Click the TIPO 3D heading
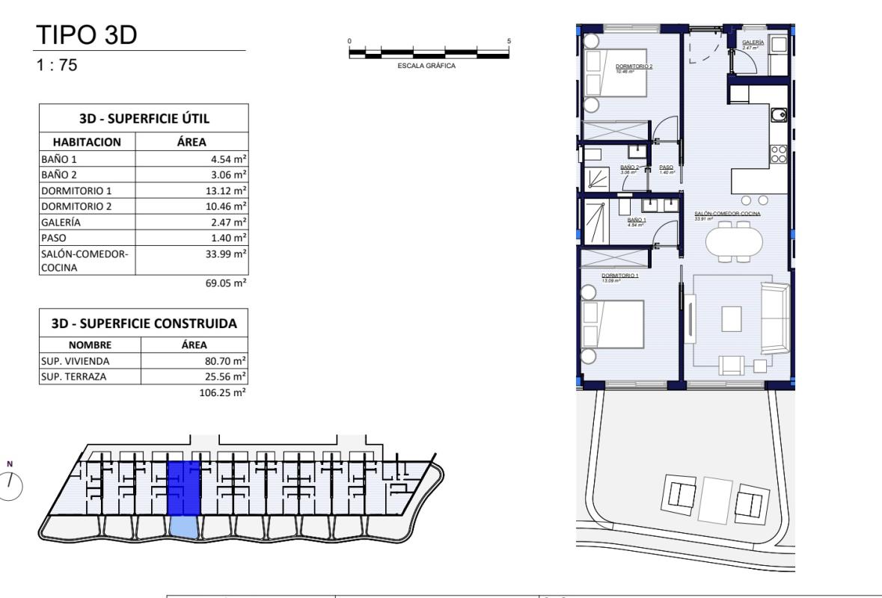pos(86,35)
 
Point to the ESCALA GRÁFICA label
pos(429,66)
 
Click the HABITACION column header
pos(86,142)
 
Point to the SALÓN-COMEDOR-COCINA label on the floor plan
pos(727,213)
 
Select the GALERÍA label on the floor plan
pos(752,44)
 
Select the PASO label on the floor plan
pos(666,168)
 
